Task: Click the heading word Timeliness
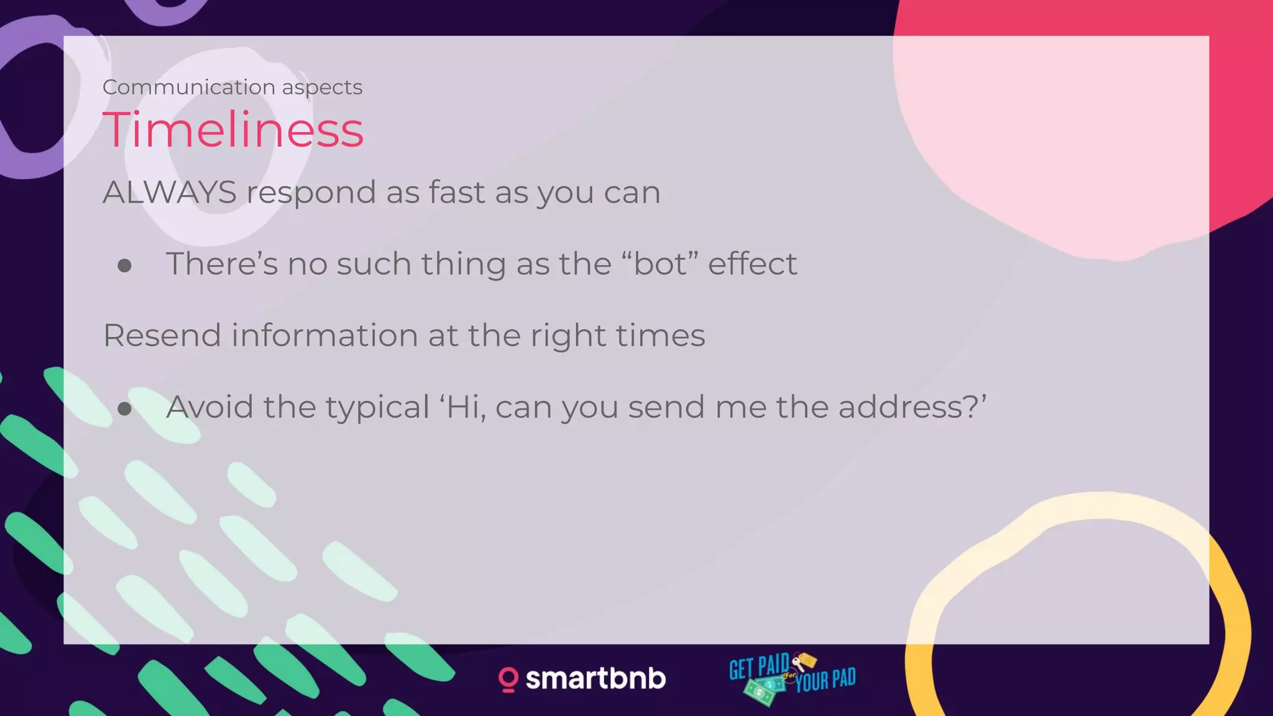(233, 130)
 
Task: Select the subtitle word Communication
(189, 88)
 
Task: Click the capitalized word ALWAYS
(170, 192)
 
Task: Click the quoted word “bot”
(659, 264)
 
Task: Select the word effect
(752, 264)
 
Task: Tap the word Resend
(162, 336)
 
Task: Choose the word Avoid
(210, 407)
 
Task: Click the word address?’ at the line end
(912, 407)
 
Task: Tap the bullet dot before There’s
(125, 266)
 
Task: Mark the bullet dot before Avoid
(125, 409)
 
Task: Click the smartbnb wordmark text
(595, 678)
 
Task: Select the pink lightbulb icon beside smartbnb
(508, 679)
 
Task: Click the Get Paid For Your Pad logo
(793, 678)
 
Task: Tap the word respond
(311, 193)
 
